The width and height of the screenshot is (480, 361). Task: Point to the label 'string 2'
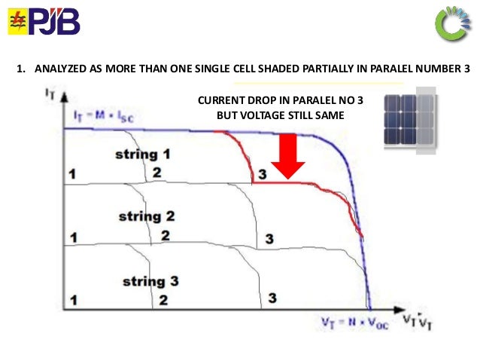pos(147,217)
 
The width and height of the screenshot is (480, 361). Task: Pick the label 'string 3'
pos(150,281)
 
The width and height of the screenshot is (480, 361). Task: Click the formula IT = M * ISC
pos(106,115)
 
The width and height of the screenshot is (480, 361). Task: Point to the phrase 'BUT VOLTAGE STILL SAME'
pos(274,117)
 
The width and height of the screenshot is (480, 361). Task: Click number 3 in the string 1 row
pos(261,175)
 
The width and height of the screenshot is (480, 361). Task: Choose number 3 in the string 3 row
pos(272,298)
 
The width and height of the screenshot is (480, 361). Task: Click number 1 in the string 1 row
pos(72,175)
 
